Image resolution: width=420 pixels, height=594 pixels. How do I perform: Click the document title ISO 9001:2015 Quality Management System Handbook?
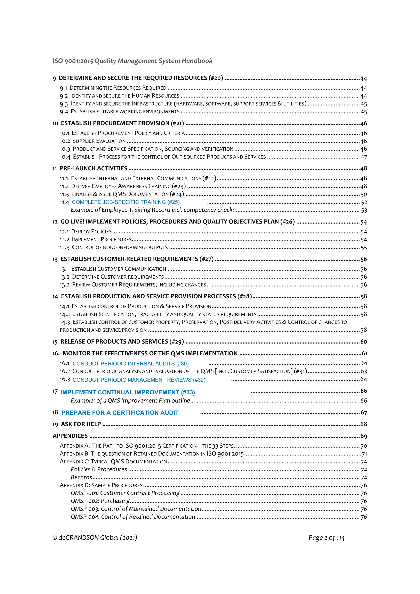[132, 61]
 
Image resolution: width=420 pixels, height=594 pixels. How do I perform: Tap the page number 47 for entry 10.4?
[364, 157]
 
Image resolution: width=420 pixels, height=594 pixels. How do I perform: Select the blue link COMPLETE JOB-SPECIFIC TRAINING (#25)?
[126, 202]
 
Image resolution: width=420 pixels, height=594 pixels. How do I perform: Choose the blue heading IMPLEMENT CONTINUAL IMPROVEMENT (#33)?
[128, 392]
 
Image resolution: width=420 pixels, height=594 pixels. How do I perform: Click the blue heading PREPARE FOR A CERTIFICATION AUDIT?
[120, 413]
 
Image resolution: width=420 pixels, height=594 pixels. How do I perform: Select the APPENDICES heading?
[70, 436]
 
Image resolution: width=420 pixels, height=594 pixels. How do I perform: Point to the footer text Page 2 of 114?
[326, 538]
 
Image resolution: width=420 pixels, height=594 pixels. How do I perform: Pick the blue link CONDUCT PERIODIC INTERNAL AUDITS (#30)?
[130, 363]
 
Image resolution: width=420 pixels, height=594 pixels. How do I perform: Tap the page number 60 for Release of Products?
[364, 342]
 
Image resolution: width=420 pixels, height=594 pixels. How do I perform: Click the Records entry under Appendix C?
[81, 477]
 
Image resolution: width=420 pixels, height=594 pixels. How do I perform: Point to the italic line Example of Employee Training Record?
[152, 210]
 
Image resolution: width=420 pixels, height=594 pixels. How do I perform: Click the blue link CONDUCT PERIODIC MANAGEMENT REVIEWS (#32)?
[139, 380]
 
